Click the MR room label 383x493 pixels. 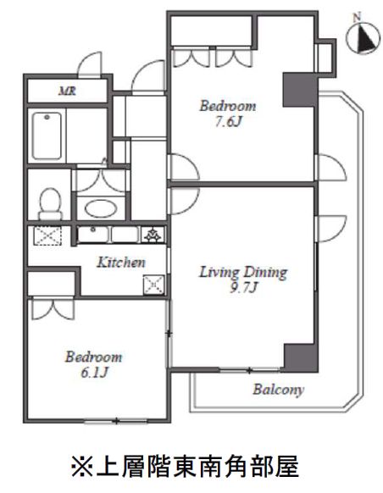[67, 91]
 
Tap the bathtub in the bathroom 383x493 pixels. [47, 136]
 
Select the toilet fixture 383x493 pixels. [50, 204]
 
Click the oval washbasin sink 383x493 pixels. [101, 208]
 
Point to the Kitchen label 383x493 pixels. [121, 263]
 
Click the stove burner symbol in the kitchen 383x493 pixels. [153, 235]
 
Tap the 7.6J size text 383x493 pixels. [229, 122]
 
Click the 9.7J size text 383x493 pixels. [244, 287]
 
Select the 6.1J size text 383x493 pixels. [94, 373]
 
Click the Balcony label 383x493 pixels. [278, 390]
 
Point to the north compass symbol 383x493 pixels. [363, 37]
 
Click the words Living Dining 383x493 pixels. [243, 272]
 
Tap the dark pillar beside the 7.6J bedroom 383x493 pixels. [299, 90]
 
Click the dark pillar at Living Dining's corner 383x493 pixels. [299, 357]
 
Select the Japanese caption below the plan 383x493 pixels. [185, 466]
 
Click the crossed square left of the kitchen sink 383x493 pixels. [47, 235]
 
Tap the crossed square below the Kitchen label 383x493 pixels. [153, 285]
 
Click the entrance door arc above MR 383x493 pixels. [90, 64]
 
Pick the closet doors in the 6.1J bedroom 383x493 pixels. [53, 309]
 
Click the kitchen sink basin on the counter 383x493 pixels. [92, 235]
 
